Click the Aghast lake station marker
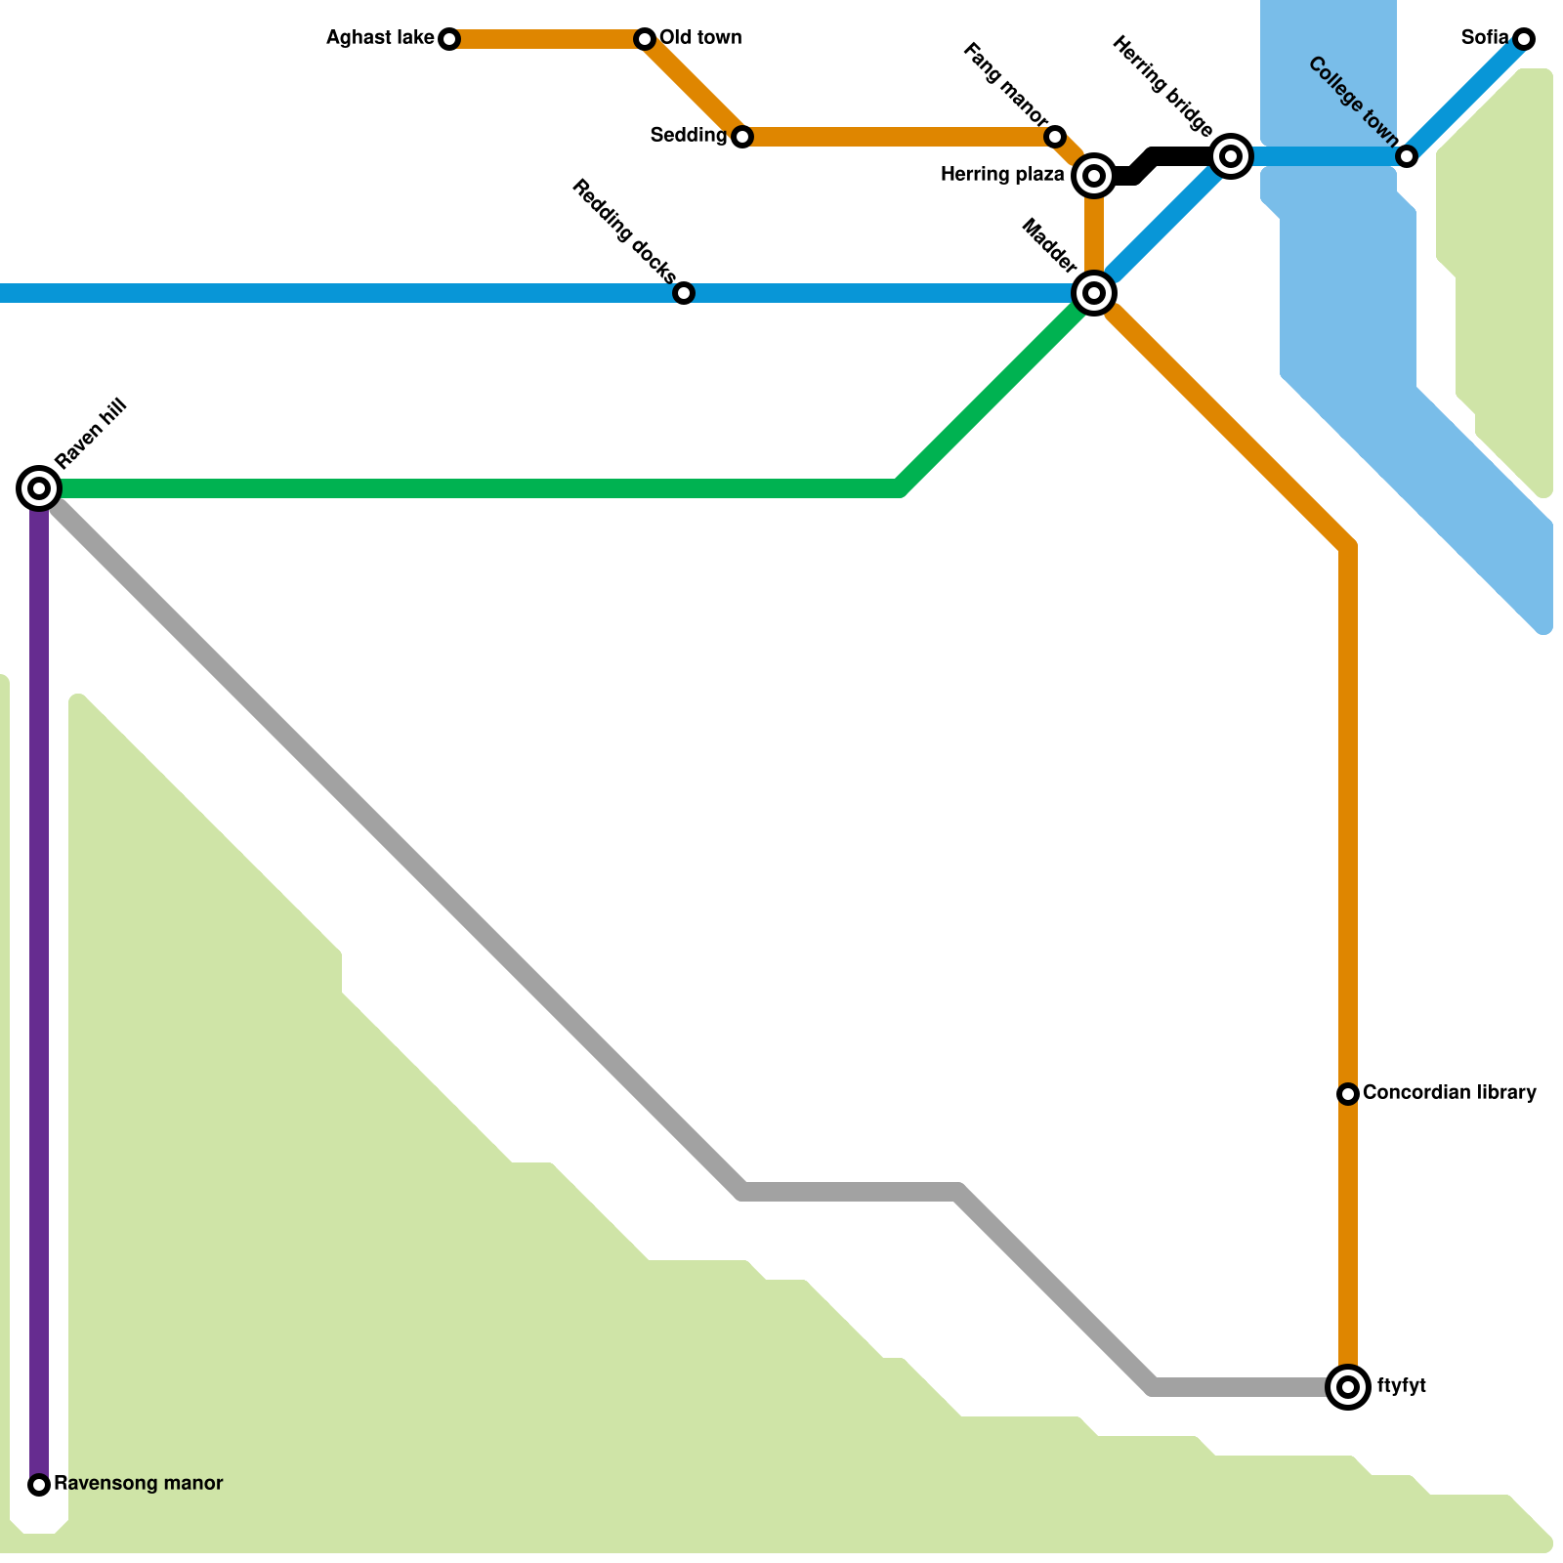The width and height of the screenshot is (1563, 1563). [x=449, y=39]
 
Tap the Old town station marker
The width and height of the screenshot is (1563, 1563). [x=645, y=39]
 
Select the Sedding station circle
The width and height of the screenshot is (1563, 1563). [x=742, y=137]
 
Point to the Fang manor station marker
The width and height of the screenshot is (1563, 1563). [x=1055, y=137]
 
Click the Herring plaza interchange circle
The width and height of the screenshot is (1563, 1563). [x=1094, y=176]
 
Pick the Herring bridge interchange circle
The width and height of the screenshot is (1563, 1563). [x=1231, y=156]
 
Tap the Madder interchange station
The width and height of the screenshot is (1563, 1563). [x=1094, y=292]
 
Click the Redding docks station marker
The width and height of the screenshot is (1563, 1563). [x=684, y=293]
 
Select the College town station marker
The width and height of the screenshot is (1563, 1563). [x=1407, y=156]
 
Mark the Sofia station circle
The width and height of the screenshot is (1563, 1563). [x=1524, y=39]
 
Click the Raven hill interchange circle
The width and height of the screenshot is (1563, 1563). [x=39, y=487]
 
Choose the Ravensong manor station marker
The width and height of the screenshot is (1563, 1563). [x=39, y=1485]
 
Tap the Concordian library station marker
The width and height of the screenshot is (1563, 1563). [x=1348, y=1094]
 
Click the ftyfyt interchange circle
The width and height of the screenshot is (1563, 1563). [x=1348, y=1386]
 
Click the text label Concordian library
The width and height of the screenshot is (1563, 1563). [x=1449, y=1092]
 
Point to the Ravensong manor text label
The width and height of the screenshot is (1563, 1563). [x=138, y=1483]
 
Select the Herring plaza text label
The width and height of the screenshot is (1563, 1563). [x=1002, y=175]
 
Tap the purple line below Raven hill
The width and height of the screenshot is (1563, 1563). [x=39, y=977]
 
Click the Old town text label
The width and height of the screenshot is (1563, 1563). [x=700, y=38]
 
